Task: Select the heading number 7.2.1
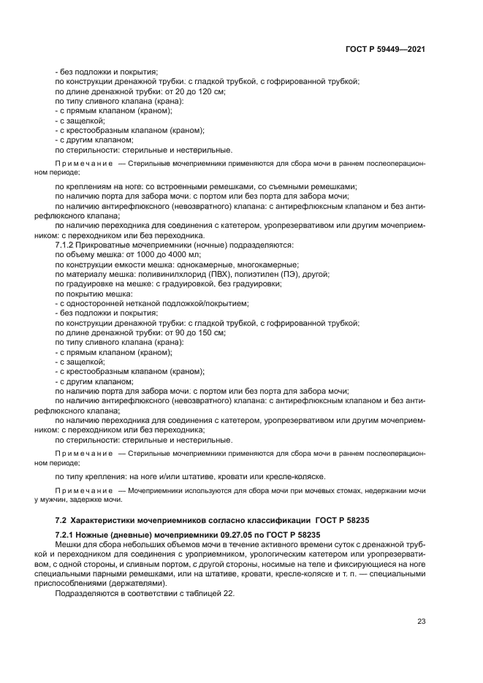point(66,535)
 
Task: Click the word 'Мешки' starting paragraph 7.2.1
point(68,545)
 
